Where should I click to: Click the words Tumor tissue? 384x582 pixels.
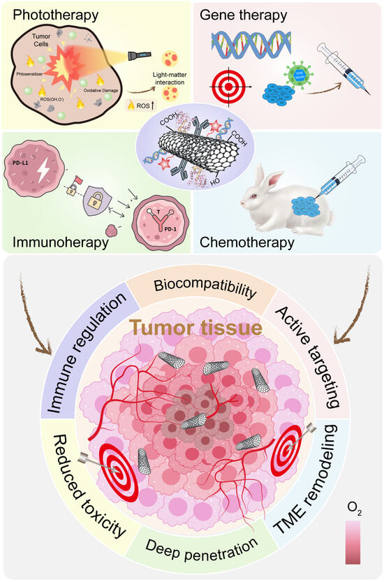[191, 328]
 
